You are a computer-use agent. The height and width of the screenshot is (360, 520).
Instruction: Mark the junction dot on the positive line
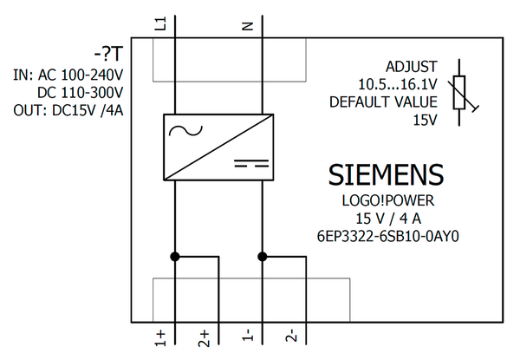175,257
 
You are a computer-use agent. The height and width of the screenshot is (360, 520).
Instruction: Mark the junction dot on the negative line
262,257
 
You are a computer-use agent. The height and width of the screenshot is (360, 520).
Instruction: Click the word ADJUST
412,66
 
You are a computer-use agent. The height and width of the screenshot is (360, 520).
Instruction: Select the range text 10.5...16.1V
397,84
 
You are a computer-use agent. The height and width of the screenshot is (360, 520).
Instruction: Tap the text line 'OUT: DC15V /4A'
68,110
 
